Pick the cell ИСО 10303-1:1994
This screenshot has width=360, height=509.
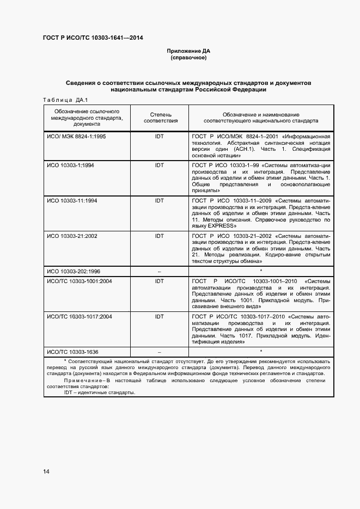click(71, 165)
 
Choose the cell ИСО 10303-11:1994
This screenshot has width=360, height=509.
click(72, 201)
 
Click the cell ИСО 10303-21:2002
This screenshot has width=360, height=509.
click(72, 236)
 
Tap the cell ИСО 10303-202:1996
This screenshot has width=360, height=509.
click(74, 271)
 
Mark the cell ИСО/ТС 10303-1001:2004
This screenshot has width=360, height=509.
click(80, 281)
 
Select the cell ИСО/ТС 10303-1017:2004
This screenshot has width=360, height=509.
click(80, 316)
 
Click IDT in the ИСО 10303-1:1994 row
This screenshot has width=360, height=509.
click(159, 165)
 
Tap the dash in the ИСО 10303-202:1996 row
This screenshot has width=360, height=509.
click(159, 271)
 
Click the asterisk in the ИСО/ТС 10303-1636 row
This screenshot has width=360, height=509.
click(261, 351)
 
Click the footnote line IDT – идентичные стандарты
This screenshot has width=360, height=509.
click(99, 392)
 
